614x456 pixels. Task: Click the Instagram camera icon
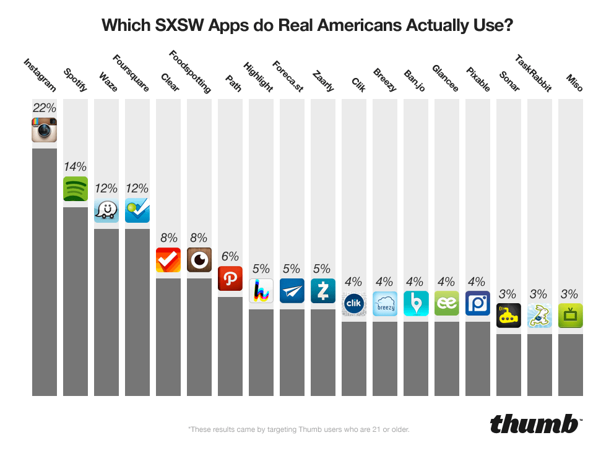tap(45, 130)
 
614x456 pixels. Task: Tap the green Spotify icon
tap(76, 189)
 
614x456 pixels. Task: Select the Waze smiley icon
tap(106, 210)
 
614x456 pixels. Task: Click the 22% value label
tap(45, 108)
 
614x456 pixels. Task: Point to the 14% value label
tap(76, 166)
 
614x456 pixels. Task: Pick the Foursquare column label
tap(131, 74)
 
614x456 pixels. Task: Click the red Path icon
tap(230, 278)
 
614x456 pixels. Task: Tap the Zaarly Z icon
tap(323, 291)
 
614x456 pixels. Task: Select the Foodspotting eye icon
tap(199, 260)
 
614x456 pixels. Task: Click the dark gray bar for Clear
tap(168, 337)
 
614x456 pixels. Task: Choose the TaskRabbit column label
tap(533, 74)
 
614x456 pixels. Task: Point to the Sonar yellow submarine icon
tap(509, 316)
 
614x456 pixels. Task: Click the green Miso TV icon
tap(571, 316)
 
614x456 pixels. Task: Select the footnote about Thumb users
tap(298, 429)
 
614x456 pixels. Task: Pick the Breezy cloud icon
tap(385, 303)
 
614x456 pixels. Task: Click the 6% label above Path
tap(230, 256)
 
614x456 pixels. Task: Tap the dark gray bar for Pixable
tap(478, 359)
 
